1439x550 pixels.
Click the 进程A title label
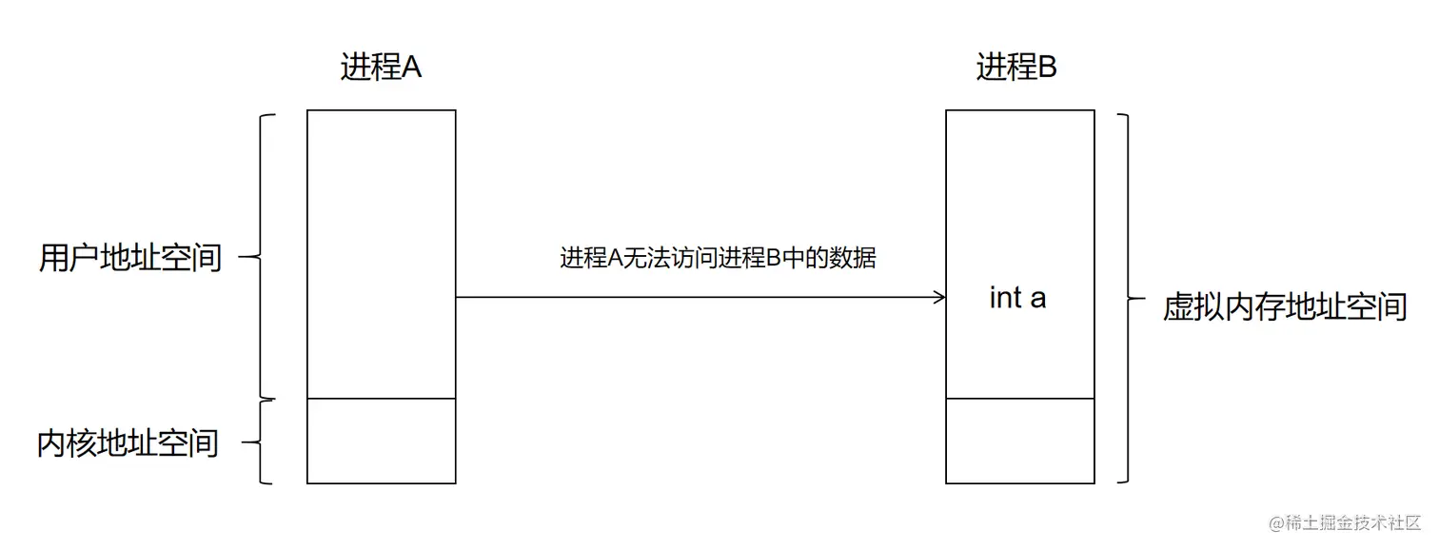coord(381,68)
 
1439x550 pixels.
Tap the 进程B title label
coord(1016,68)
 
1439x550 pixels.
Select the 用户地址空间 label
coord(130,257)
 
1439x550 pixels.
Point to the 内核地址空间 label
coord(128,442)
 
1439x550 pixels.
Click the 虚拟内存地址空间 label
coord(1285,306)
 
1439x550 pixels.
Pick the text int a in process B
coord(1017,298)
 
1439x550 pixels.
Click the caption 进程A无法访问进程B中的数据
coord(718,258)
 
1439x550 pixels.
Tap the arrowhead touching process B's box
coord(939,298)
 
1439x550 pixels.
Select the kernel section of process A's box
coord(381,441)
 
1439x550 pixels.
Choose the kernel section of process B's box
coord(1019,441)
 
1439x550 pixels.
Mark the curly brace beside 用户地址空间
coord(263,256)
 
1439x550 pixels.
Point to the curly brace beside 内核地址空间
coord(263,442)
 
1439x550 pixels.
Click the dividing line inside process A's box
coord(381,399)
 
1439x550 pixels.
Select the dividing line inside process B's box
coord(1019,399)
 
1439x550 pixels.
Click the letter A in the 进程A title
coord(410,68)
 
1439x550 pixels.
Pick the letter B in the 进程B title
coord(1046,68)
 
